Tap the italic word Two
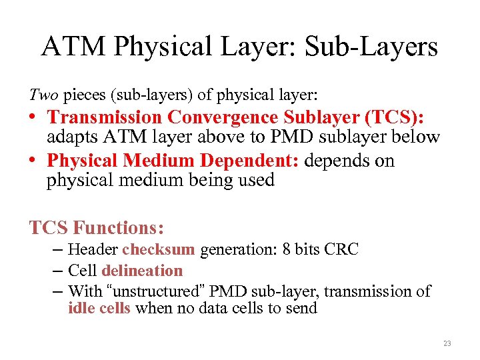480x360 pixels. (41, 93)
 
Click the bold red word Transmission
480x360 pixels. (105, 117)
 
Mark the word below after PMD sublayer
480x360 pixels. (417, 137)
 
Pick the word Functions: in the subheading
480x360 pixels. (119, 228)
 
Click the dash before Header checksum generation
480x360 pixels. (56, 250)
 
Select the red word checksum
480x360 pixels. (158, 250)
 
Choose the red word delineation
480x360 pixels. (142, 271)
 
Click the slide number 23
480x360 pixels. (446, 343)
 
